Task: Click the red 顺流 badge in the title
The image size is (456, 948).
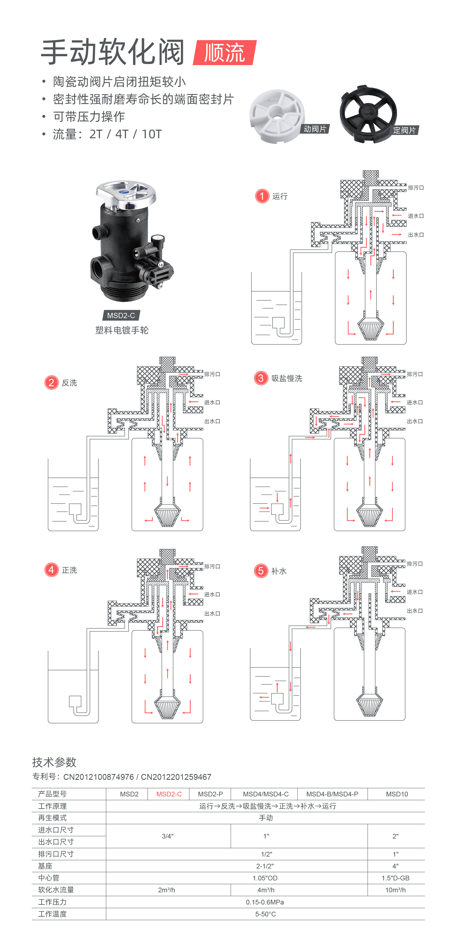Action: click(224, 53)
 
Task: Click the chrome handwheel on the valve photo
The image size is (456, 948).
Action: click(126, 194)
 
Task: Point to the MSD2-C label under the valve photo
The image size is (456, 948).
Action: click(121, 315)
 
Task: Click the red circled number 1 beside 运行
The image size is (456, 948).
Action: click(262, 196)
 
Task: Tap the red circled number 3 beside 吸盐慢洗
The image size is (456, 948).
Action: click(261, 378)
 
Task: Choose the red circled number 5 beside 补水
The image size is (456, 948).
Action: click(261, 571)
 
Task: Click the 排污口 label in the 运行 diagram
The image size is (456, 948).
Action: click(416, 188)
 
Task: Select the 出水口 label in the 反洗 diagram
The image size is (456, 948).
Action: click(212, 421)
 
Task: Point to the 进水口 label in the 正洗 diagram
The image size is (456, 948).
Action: click(212, 594)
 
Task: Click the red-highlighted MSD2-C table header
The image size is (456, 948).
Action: click(169, 794)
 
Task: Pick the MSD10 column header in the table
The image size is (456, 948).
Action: click(396, 794)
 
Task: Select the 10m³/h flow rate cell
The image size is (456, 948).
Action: click(395, 890)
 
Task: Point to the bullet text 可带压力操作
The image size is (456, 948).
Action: click(89, 117)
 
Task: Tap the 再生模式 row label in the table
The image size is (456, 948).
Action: click(52, 818)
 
